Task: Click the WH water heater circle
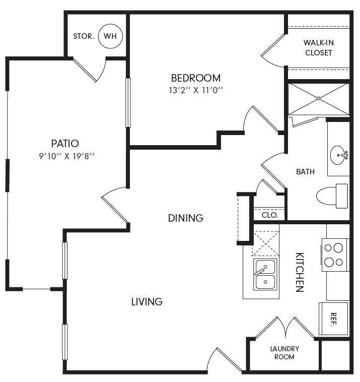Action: (x=110, y=36)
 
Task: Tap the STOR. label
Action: (x=83, y=36)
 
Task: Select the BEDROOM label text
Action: (x=195, y=78)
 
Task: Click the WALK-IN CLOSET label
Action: (x=318, y=47)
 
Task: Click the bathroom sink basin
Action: (x=339, y=154)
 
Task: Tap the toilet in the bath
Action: (x=332, y=196)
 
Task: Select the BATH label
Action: (x=305, y=172)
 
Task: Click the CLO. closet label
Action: (x=270, y=215)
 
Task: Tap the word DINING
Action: (x=185, y=218)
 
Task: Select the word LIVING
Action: (x=147, y=302)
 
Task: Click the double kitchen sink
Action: (x=264, y=275)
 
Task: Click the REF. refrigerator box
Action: (x=333, y=319)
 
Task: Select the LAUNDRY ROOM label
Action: (x=284, y=353)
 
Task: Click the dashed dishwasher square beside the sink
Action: (x=265, y=243)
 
